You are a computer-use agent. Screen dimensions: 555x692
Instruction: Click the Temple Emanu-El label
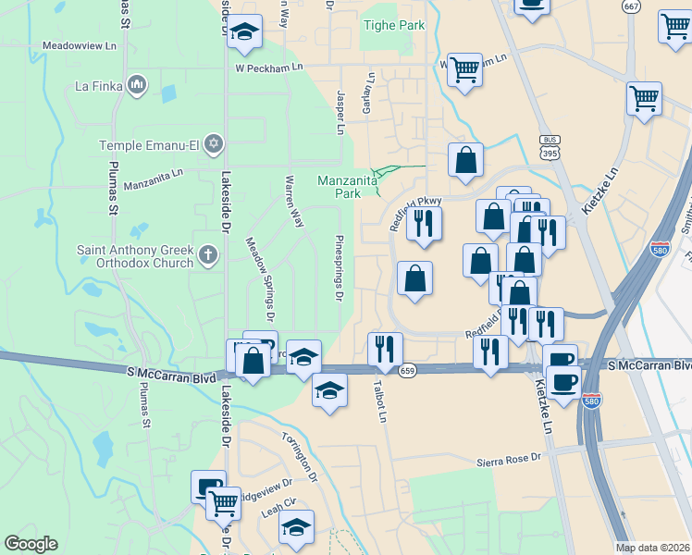tap(151, 145)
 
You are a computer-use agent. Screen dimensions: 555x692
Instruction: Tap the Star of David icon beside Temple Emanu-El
tap(215, 144)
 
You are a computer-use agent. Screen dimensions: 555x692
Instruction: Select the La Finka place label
tap(99, 88)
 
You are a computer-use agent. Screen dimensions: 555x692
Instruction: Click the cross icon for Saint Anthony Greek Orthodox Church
tap(209, 254)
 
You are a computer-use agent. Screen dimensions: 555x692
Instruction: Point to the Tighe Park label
tap(393, 25)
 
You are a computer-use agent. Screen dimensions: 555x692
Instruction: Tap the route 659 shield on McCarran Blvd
tap(407, 371)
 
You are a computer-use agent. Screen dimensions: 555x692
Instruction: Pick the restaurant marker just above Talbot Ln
tap(385, 349)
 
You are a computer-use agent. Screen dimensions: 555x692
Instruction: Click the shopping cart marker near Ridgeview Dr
tap(223, 504)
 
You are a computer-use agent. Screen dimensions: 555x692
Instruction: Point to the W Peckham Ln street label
tap(269, 68)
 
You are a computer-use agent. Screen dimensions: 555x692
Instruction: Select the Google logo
tap(31, 544)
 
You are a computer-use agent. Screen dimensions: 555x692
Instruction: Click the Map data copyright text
tap(652, 548)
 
